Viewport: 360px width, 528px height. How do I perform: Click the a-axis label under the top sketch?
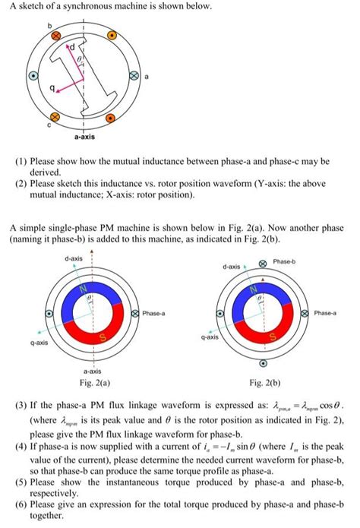[x=84, y=138]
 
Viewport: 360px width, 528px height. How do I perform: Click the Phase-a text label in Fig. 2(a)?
[x=156, y=312]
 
